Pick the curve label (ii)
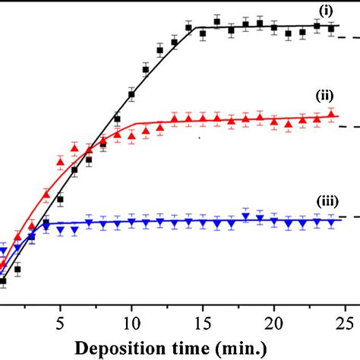coord(325,96)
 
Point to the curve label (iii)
coord(325,201)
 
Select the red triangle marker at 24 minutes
coord(330,115)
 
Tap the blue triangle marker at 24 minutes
coord(330,222)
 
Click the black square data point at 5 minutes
coord(60,200)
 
